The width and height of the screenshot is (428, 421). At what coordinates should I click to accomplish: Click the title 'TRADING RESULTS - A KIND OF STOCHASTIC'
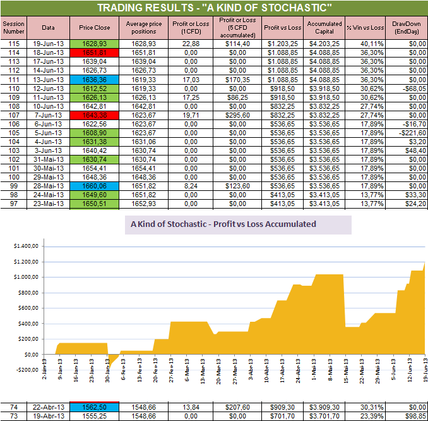[x=214, y=8]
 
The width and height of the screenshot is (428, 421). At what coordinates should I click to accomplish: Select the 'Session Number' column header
[x=15, y=28]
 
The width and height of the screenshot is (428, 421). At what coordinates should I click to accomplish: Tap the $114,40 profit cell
[x=230, y=43]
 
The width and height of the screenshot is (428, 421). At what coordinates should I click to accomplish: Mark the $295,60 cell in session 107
[x=230, y=116]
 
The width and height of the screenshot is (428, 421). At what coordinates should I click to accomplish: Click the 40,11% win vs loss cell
[x=365, y=43]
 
